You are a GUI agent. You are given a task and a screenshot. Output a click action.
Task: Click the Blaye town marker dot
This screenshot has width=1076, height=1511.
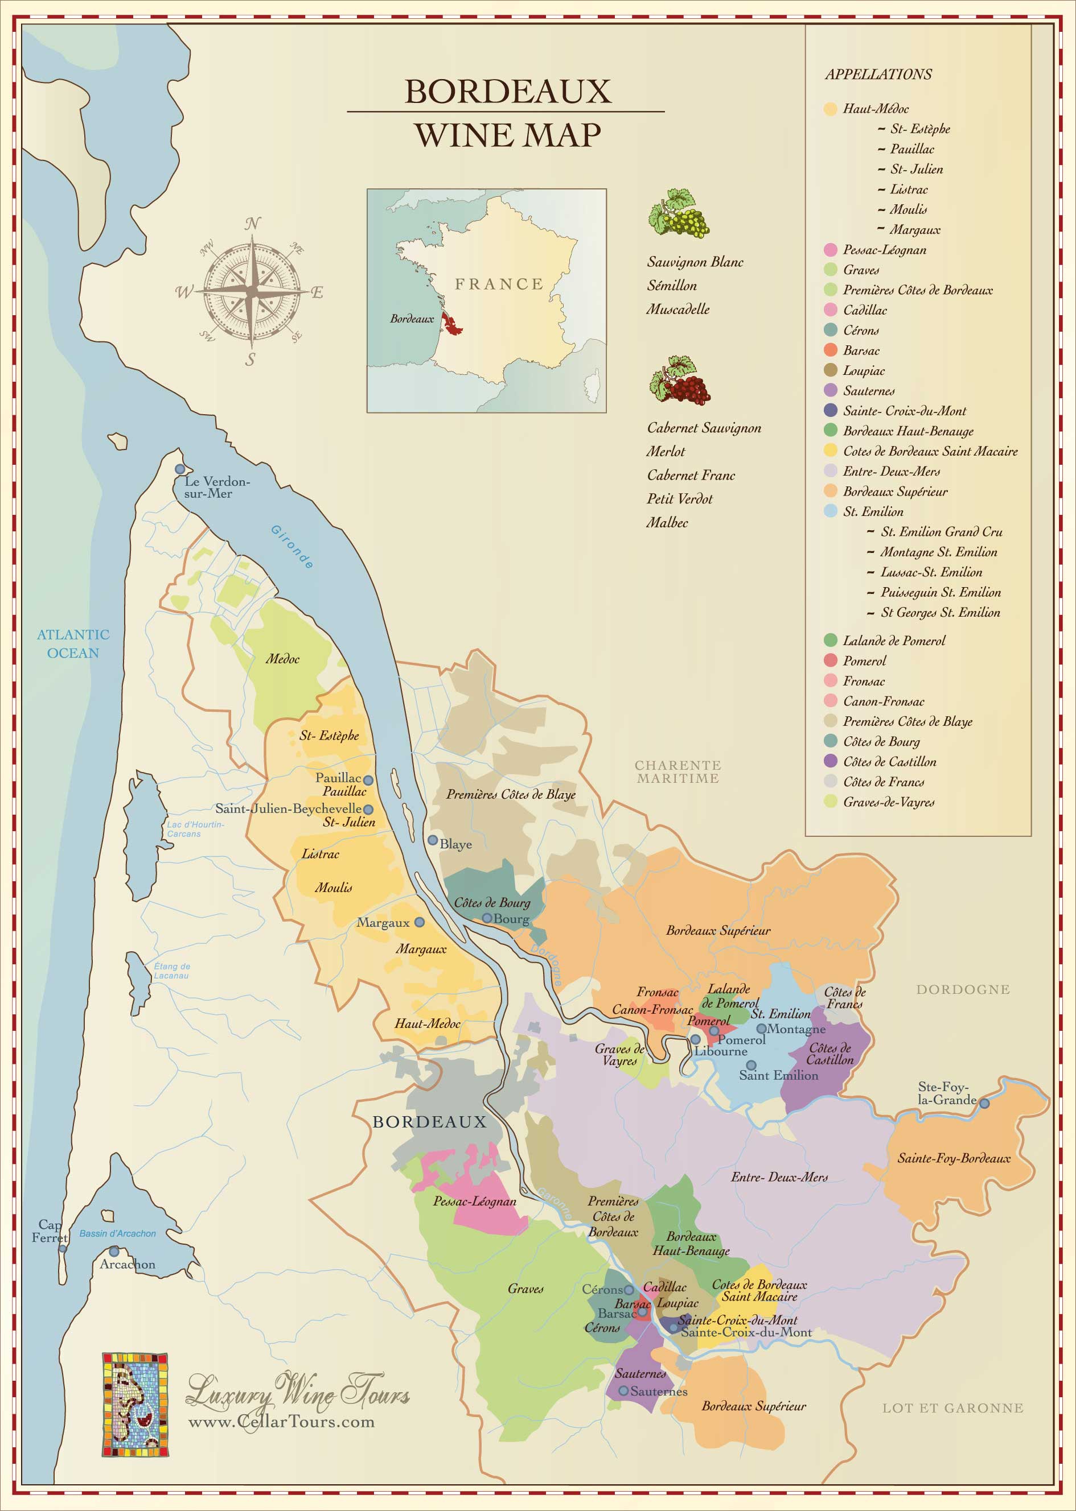[432, 840]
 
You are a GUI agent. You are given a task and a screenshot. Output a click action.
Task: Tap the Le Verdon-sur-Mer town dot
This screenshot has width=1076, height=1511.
[179, 469]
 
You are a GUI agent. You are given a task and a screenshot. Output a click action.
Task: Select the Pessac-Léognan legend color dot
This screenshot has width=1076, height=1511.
[830, 250]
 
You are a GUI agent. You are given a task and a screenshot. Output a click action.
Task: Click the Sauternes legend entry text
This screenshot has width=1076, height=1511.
[868, 391]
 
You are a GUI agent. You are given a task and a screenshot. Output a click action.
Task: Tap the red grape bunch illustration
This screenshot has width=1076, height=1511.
[679, 380]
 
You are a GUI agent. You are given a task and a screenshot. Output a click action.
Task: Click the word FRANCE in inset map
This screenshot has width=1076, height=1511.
[499, 284]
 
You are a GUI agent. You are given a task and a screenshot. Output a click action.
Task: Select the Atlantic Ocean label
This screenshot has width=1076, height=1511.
[73, 643]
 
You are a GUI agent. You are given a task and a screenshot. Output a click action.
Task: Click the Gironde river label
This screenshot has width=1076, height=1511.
[292, 546]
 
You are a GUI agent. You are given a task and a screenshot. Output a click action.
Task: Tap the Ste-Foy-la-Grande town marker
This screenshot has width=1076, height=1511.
[984, 1103]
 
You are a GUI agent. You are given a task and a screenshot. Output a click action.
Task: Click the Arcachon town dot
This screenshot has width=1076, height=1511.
[114, 1252]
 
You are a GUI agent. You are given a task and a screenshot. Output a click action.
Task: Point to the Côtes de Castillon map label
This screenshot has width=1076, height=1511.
[829, 1054]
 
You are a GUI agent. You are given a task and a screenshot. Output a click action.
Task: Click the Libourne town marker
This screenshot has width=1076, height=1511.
[696, 1039]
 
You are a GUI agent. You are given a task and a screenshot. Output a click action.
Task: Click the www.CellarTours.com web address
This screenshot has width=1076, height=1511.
[282, 1422]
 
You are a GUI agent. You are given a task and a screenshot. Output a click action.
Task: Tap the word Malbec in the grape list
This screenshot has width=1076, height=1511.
[667, 522]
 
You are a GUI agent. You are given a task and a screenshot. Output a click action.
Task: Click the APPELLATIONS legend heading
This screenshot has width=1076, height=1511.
[878, 74]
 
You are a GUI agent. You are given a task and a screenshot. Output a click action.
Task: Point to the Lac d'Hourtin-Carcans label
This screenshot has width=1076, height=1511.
[195, 829]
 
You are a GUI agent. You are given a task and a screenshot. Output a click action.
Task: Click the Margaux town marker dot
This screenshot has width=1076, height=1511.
[420, 922]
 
